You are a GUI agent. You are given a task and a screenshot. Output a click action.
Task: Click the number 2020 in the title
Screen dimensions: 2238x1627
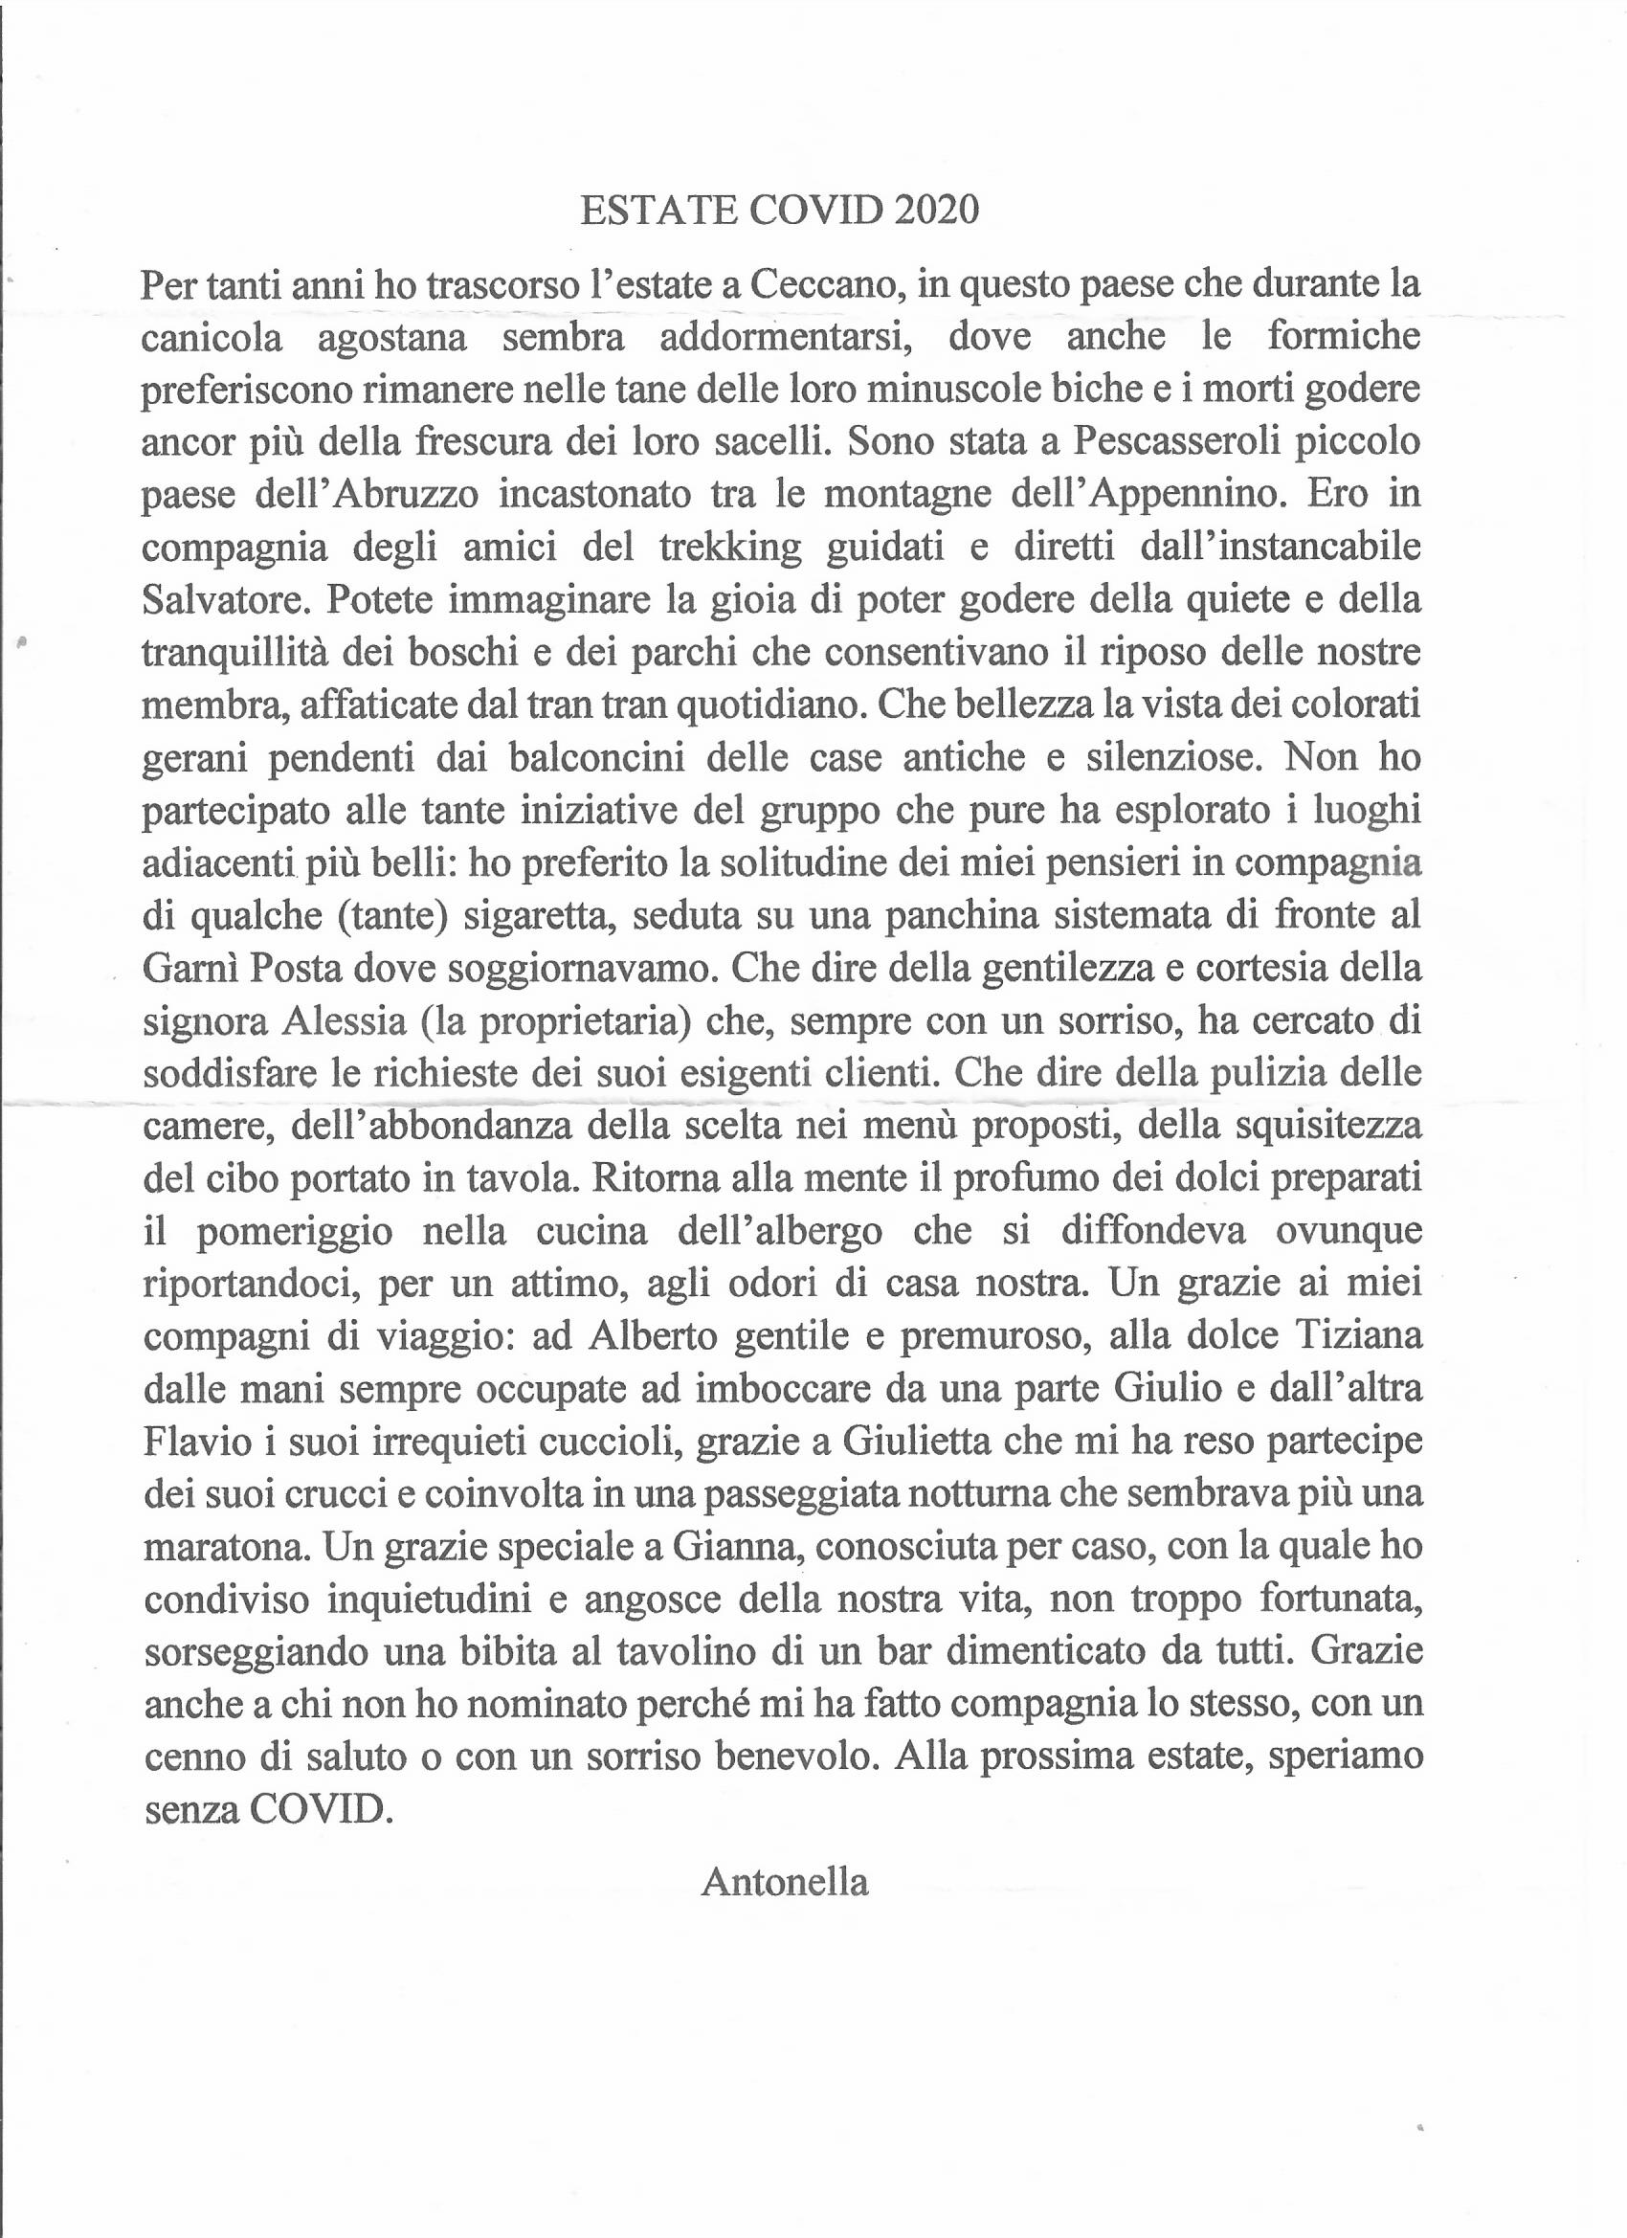click(935, 211)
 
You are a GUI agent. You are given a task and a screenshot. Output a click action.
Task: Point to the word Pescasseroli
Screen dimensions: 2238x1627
click(1176, 441)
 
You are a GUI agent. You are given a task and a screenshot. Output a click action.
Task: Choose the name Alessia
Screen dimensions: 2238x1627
click(345, 1021)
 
